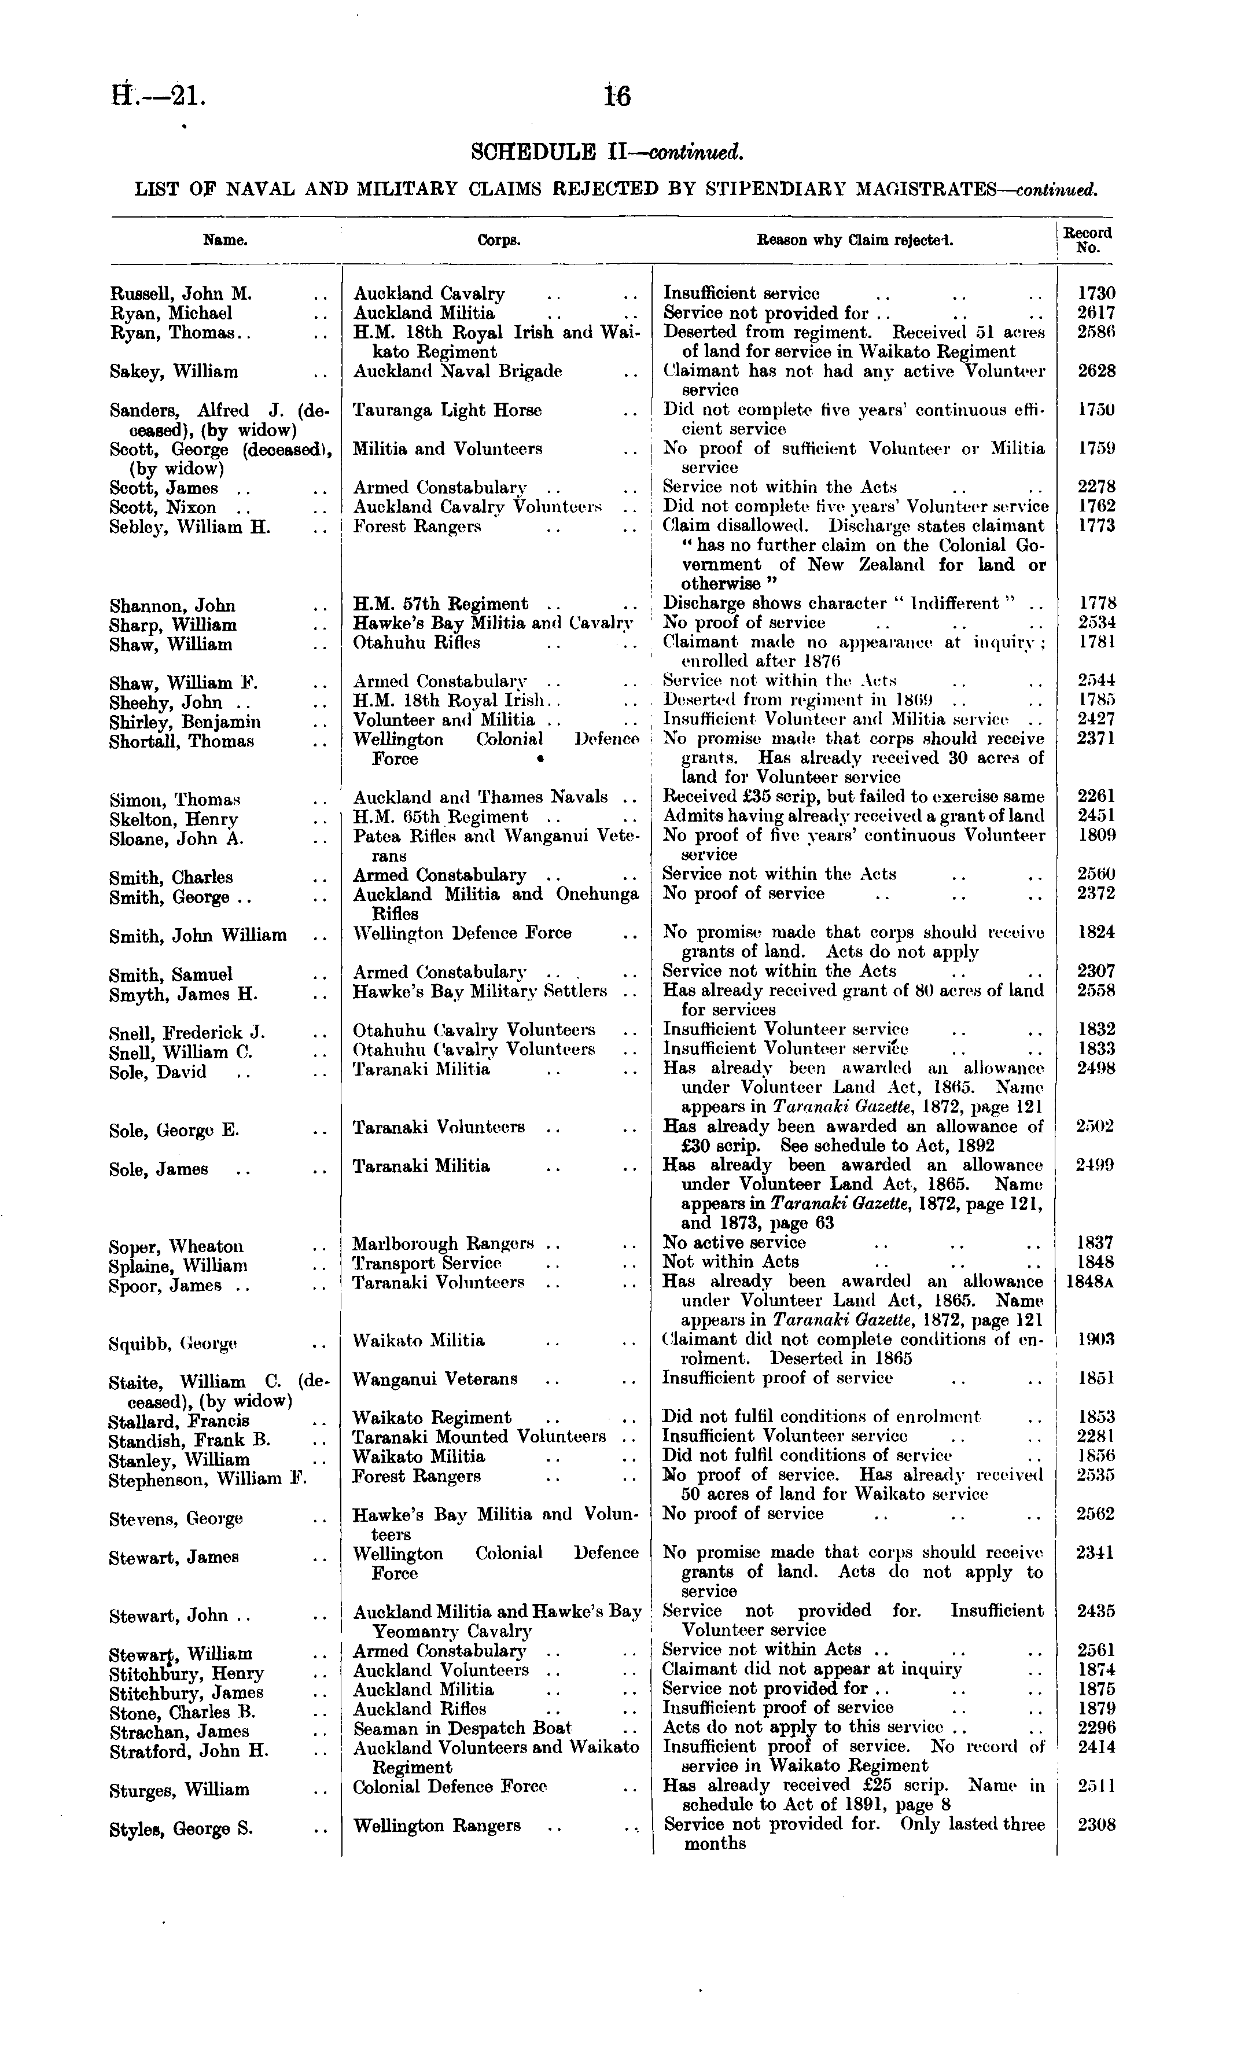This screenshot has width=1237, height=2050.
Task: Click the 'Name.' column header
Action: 226,241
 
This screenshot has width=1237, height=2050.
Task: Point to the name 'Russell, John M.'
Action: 181,294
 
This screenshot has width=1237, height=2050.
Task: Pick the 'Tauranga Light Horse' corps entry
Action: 447,410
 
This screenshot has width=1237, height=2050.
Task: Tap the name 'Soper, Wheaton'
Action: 176,1246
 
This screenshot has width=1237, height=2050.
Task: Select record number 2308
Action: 1096,1826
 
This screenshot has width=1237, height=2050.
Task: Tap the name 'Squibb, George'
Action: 173,1344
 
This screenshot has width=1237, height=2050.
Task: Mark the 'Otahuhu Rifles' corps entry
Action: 417,643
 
